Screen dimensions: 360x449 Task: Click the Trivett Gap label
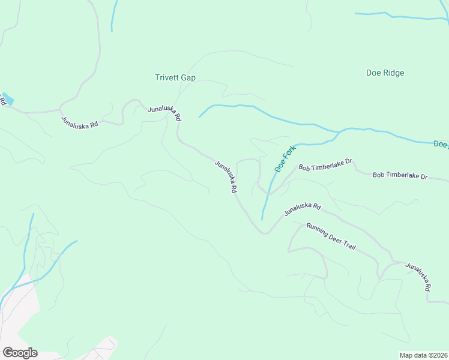[175, 78]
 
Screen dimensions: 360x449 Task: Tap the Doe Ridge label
[385, 73]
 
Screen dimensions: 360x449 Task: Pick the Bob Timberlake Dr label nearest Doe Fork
[325, 164]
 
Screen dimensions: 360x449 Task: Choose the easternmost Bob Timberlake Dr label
[399, 176]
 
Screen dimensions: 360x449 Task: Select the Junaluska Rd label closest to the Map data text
[418, 277]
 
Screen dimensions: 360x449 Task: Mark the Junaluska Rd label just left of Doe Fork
[226, 176]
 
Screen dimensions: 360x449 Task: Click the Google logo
[19, 353]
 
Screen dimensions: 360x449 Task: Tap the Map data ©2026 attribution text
[423, 355]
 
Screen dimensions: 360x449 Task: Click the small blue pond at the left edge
[8, 99]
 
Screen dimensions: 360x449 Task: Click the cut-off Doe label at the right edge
[441, 144]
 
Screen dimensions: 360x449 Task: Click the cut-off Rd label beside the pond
[2, 103]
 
